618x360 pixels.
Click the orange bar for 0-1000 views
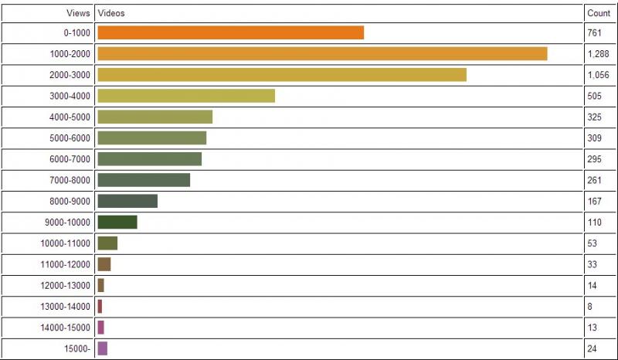(230, 32)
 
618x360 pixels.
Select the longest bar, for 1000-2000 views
(322, 53)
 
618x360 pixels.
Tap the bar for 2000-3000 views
(282, 74)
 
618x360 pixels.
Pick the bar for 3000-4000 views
(186, 96)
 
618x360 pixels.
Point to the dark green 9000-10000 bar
(117, 222)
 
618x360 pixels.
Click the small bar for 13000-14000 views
(100, 307)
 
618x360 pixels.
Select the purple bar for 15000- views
(103, 348)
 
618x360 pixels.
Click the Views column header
(78, 14)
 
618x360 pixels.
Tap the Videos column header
(111, 14)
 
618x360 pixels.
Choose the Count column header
(599, 14)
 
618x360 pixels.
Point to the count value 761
(594, 33)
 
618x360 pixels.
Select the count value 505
(594, 97)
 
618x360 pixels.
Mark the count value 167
(594, 202)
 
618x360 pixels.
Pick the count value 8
(590, 307)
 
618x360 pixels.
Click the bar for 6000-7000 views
(149, 158)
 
